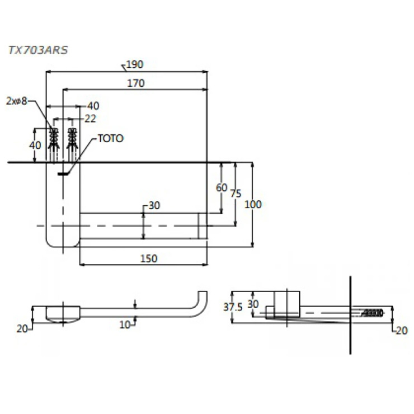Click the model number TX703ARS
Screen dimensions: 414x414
point(38,50)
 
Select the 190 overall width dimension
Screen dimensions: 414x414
point(134,65)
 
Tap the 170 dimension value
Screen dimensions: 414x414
point(135,83)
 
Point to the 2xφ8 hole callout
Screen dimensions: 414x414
point(16,101)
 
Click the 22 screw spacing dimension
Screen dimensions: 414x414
point(90,119)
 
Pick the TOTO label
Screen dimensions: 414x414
point(110,138)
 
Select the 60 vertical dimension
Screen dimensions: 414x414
point(222,187)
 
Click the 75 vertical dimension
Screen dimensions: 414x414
point(236,194)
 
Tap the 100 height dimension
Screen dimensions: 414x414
point(253,204)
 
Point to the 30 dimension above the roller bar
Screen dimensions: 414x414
point(154,206)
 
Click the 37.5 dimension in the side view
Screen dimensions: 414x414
point(232,307)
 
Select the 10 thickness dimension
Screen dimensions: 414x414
point(124,324)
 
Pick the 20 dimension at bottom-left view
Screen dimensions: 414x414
point(22,329)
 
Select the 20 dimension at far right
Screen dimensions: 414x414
point(401,331)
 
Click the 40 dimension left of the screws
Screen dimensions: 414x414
point(35,144)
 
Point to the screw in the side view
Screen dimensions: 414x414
point(373,312)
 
